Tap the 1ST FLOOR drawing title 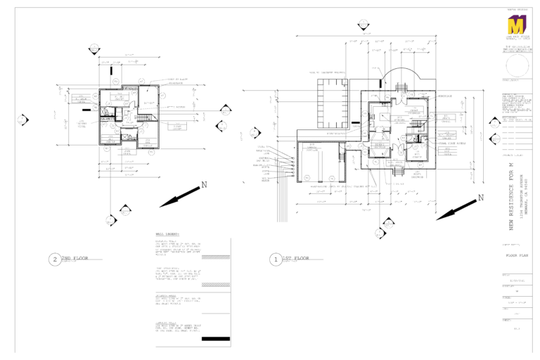pyautogui.click(x=296, y=259)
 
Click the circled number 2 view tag pyautogui.click(x=55, y=259)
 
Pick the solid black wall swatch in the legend pyautogui.click(x=215, y=340)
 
